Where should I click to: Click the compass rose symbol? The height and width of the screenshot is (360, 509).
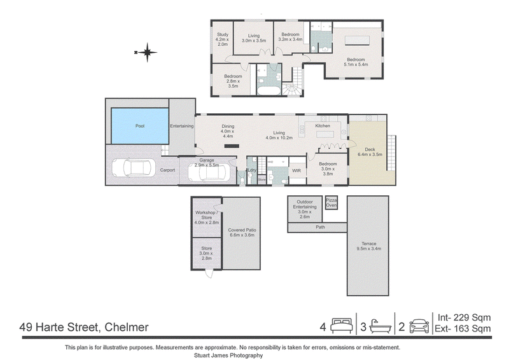coord(147,52)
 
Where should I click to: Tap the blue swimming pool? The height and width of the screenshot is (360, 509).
coord(140,126)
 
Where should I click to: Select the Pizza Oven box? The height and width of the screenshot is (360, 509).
coord(331,203)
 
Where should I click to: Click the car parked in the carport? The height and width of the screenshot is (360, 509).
coord(134,168)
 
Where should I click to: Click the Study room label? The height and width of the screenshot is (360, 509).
coord(223,34)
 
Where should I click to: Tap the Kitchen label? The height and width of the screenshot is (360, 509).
coord(323,126)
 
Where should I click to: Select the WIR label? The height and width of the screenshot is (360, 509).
coord(296,170)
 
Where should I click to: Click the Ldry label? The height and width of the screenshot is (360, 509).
coord(252,170)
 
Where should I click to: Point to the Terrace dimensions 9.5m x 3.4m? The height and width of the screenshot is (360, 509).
coord(369,249)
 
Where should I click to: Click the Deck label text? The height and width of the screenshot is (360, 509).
coord(370,149)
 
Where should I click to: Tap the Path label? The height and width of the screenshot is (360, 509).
coord(321,227)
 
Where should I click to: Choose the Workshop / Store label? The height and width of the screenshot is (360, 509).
coord(206,215)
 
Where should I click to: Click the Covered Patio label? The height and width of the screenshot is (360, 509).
coord(242,230)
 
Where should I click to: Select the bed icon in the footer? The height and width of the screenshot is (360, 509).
coord(342,326)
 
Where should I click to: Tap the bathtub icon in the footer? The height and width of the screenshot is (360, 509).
coord(380,326)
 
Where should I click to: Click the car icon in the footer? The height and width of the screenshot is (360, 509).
coord(419,326)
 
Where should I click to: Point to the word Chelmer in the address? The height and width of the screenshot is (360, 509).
coord(127,327)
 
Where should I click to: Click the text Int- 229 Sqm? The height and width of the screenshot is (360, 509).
coord(464,317)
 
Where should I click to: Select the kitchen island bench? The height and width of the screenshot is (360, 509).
coord(325,134)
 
